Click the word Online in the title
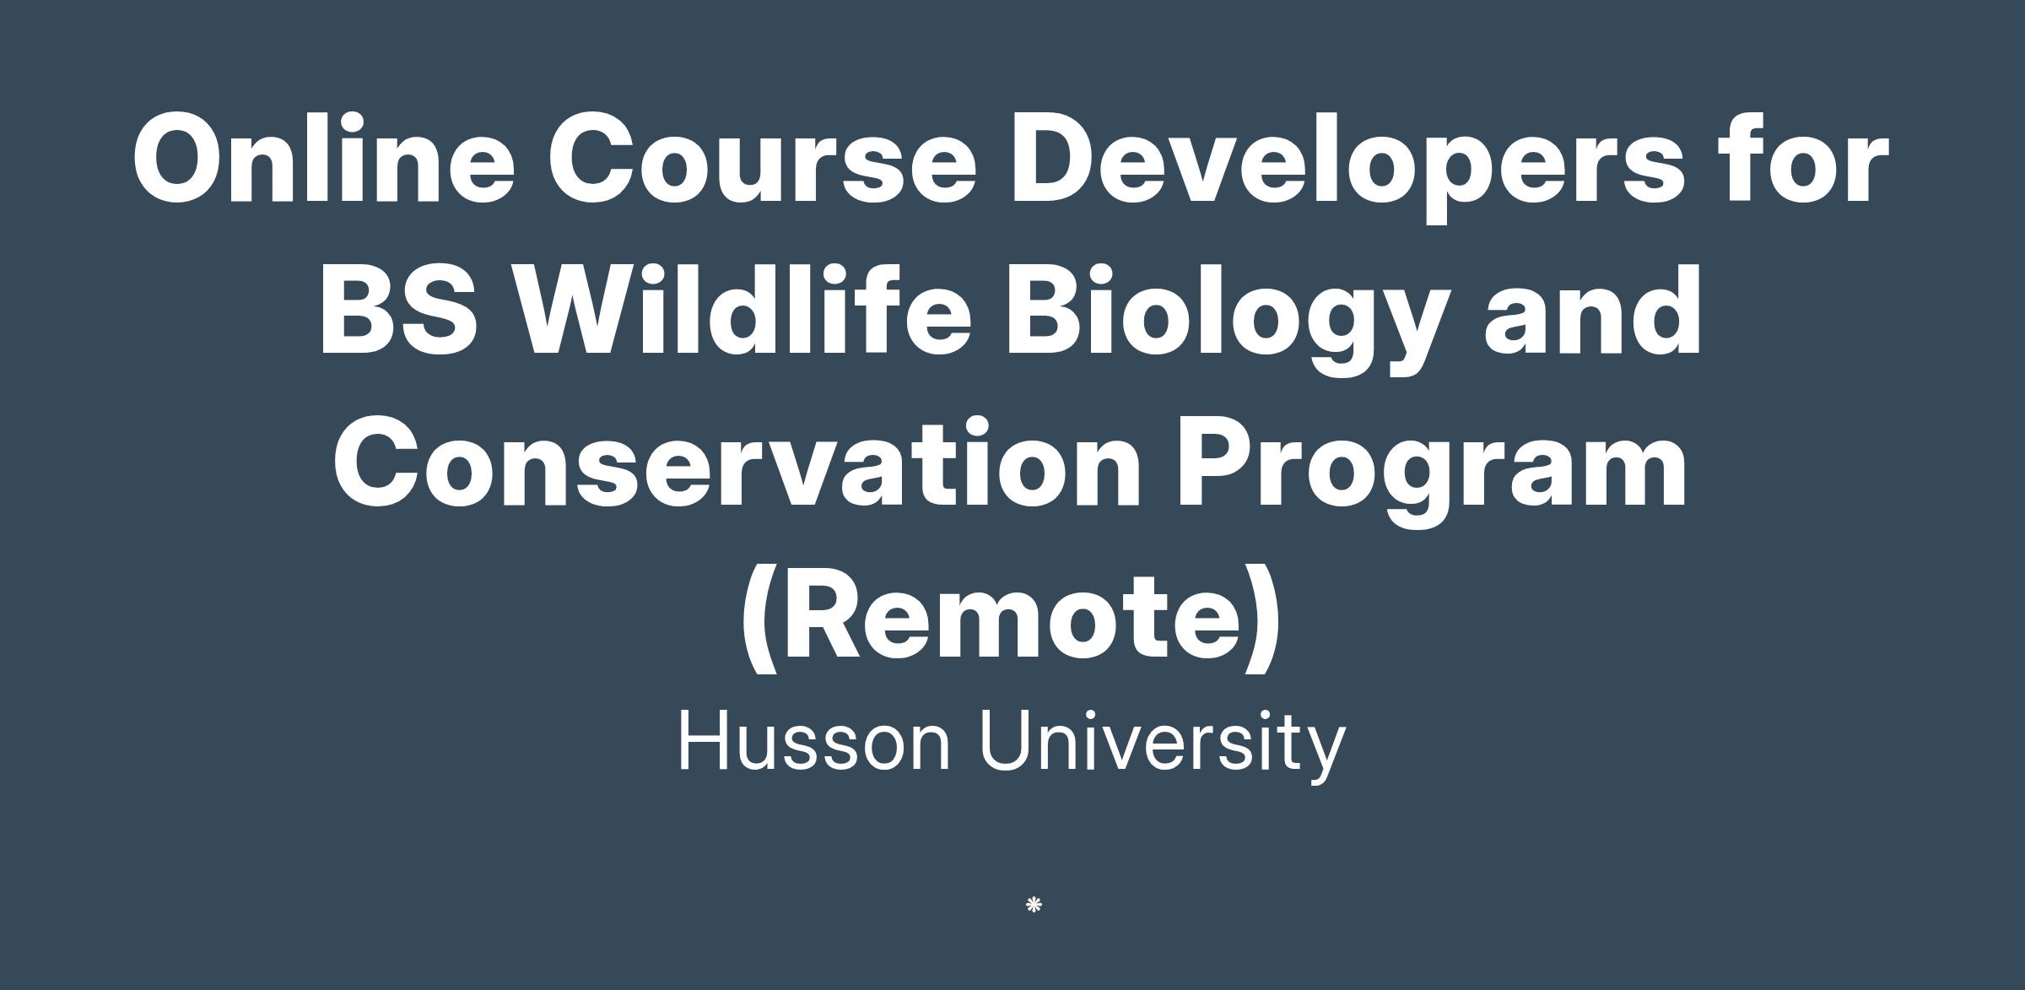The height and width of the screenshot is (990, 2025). pyautogui.click(x=323, y=158)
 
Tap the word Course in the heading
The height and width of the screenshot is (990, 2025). pyautogui.click(x=762, y=160)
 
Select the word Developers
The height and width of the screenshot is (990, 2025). pyautogui.click(x=1347, y=167)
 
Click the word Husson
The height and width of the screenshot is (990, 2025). pyautogui.click(x=814, y=740)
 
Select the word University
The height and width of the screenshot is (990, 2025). pyautogui.click(x=1162, y=744)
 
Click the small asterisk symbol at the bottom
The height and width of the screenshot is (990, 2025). pyautogui.click(x=1034, y=906)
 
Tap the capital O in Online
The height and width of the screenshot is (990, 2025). pyautogui.click(x=181, y=158)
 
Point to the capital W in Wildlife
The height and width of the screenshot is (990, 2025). pyautogui.click(x=577, y=310)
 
